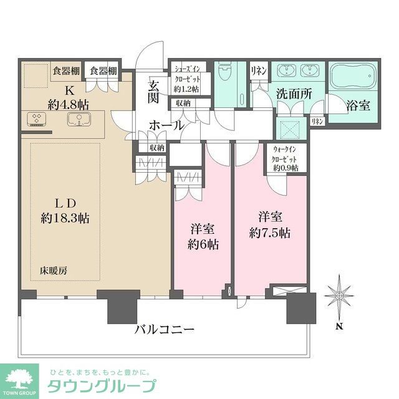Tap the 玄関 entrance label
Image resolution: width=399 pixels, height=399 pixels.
tap(154, 91)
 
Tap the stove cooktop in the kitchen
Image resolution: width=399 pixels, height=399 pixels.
tap(36, 118)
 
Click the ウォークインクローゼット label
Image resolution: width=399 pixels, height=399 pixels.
tap(285, 158)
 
